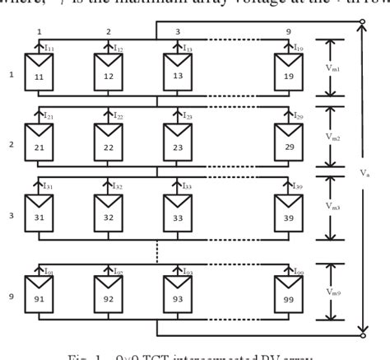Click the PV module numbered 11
pyautogui.click(x=38, y=73)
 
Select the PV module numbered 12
pyautogui.click(x=108, y=73)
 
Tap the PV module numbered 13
pyautogui.click(x=177, y=73)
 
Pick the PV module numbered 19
pyautogui.click(x=290, y=73)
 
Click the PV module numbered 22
pyautogui.click(x=108, y=145)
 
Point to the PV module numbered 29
pyautogui.click(x=290, y=145)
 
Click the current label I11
pyautogui.click(x=49, y=49)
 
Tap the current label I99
pyautogui.click(x=299, y=272)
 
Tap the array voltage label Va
pyautogui.click(x=364, y=173)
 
